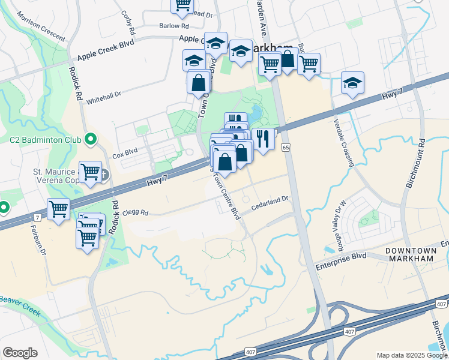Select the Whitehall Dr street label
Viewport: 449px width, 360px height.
click(x=104, y=97)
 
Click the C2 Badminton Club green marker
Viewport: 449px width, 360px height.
click(x=91, y=140)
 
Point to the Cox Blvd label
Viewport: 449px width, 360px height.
click(x=125, y=154)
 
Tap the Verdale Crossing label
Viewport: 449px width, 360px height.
click(x=341, y=134)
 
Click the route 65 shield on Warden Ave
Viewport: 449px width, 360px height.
click(x=286, y=148)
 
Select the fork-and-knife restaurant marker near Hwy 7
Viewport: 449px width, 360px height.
click(x=263, y=139)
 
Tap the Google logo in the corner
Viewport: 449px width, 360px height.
click(x=20, y=353)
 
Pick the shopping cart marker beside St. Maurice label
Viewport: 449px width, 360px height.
click(x=90, y=172)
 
